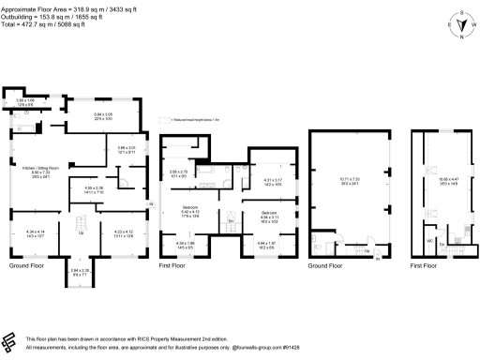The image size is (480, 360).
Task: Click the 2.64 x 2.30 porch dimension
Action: point(82,272)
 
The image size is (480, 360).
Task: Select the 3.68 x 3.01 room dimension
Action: point(127,148)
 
